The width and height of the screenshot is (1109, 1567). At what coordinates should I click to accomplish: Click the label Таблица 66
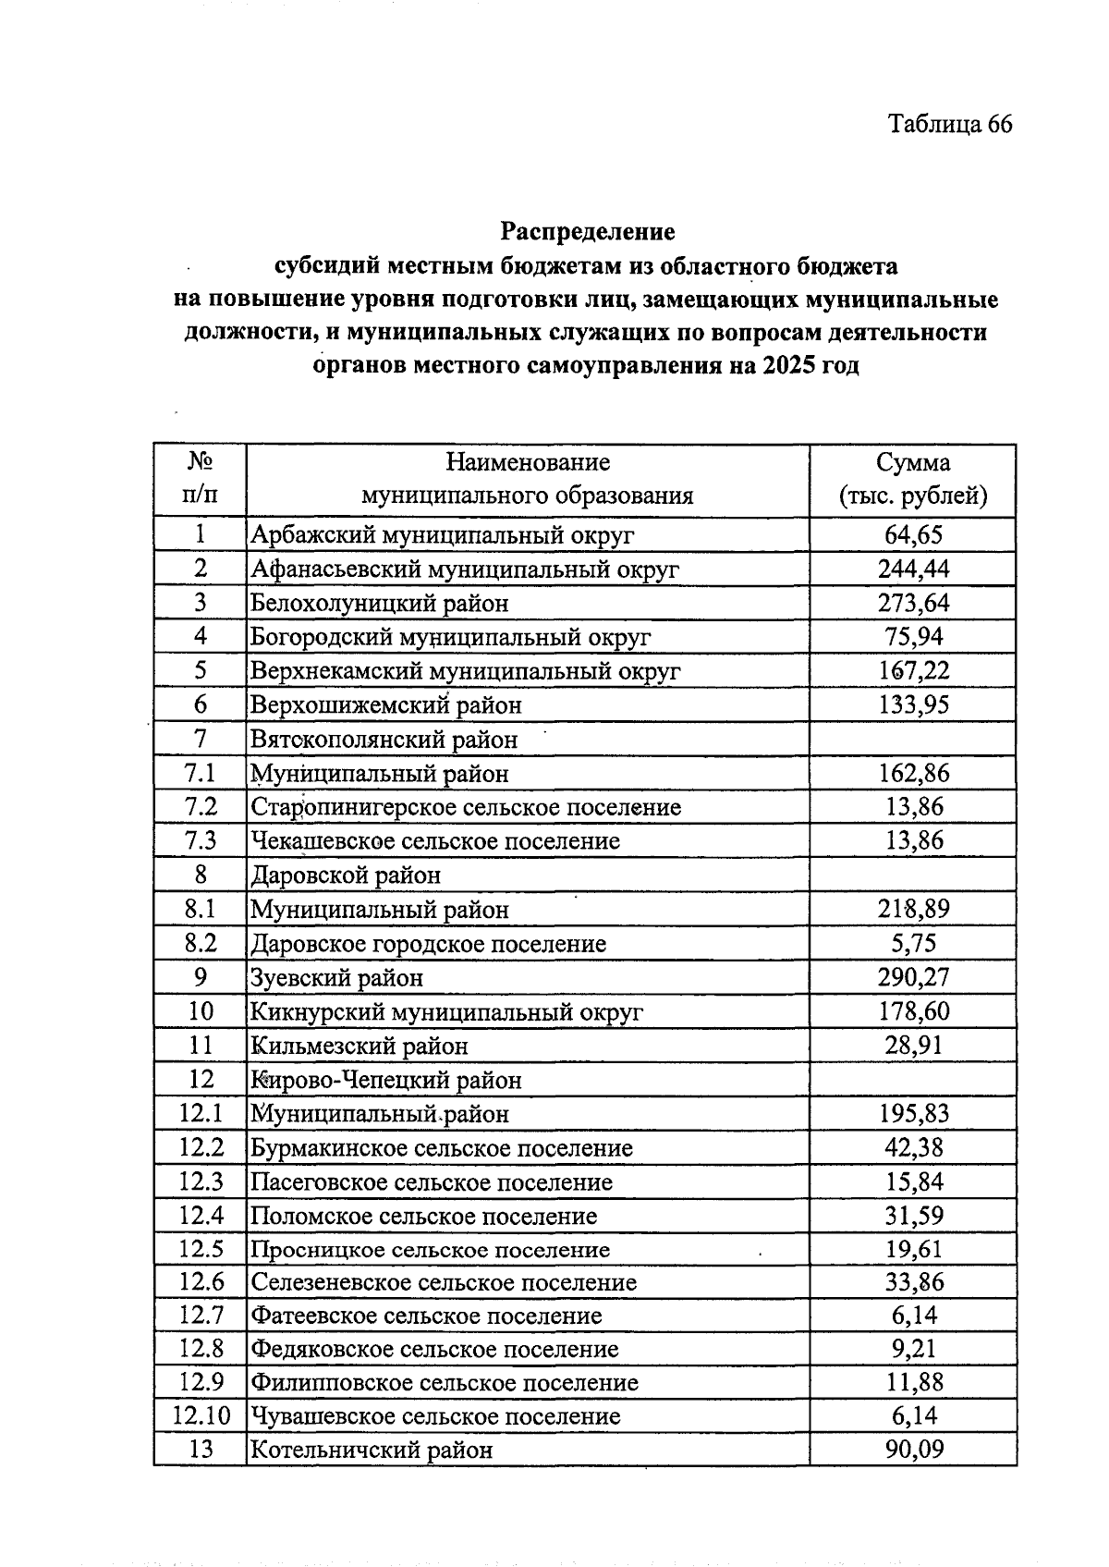[949, 124]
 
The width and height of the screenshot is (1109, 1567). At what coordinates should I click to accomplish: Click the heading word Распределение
[588, 231]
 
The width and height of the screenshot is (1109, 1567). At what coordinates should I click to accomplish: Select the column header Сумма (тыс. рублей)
[912, 479]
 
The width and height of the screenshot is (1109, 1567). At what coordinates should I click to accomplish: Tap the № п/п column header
[201, 479]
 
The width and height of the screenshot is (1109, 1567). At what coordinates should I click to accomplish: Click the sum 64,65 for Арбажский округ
[912, 534]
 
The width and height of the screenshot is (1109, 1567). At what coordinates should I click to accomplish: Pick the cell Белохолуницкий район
[380, 604]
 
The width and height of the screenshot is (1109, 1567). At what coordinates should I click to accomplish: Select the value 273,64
[912, 603]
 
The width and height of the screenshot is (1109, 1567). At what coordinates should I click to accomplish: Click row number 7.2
[201, 806]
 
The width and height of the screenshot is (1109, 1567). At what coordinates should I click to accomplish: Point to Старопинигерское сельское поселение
[466, 807]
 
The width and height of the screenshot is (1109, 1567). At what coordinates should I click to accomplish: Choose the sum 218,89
[912, 909]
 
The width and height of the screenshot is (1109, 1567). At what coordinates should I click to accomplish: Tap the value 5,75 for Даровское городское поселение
[912, 943]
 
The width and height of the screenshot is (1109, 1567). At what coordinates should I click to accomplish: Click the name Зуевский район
[336, 977]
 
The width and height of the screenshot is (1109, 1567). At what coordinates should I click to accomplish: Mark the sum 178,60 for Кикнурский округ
[912, 1011]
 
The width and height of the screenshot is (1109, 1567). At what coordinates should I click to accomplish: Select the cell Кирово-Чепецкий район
[386, 1080]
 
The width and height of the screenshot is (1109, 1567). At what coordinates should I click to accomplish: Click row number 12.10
[201, 1416]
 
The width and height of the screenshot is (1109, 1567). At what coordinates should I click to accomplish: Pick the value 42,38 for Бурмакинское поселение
[912, 1147]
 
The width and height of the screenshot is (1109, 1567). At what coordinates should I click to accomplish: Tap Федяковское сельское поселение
[434, 1349]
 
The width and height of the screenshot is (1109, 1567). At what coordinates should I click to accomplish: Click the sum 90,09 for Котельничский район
[912, 1450]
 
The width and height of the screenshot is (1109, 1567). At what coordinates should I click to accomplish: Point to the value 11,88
[912, 1382]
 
